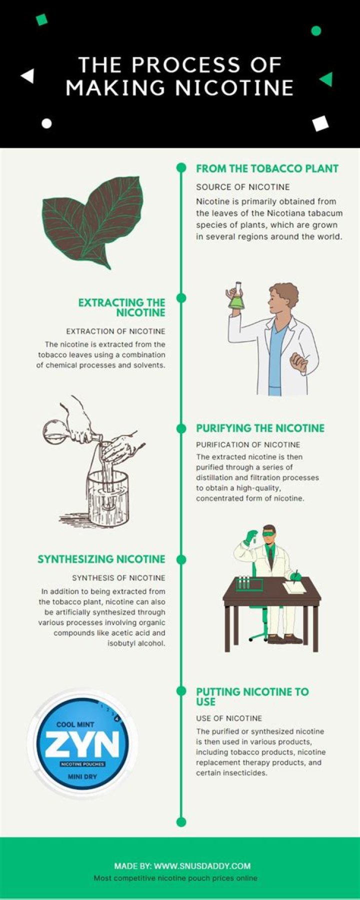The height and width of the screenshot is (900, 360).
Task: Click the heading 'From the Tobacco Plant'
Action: [267, 168]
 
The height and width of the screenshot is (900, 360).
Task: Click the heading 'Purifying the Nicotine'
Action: [260, 428]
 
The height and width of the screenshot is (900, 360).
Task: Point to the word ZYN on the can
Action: [82, 744]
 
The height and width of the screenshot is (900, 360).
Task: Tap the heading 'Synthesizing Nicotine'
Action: [101, 559]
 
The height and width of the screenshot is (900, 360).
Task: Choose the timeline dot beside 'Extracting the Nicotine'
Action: [181, 298]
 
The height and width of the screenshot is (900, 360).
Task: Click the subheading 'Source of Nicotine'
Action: [242, 187]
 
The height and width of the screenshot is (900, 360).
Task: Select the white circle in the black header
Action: [46, 123]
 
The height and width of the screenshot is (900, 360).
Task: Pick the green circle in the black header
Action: [316, 31]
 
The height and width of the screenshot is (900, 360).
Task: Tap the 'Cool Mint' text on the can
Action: [75, 724]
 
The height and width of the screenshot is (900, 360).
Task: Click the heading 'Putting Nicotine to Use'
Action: [252, 696]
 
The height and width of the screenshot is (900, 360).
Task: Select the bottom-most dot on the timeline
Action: [181, 821]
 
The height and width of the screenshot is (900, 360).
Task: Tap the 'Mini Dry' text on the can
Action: [82, 776]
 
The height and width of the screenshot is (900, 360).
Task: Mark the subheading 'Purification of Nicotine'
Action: [248, 444]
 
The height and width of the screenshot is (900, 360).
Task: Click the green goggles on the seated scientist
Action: [269, 533]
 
